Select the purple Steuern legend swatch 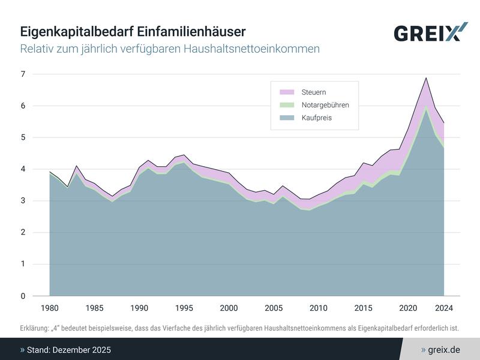(287, 92)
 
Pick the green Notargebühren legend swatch (287, 105)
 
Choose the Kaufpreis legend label (316, 118)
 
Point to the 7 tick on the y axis (23, 74)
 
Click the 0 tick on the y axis (23, 296)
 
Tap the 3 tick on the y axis (23, 201)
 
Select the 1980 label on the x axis (49, 308)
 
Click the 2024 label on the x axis (444, 308)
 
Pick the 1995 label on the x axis (184, 308)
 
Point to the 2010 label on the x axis (319, 308)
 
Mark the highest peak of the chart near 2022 (426, 78)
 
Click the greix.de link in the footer (444, 349)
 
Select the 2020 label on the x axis (408, 308)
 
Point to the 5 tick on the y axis (23, 137)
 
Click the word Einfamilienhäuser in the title (196, 31)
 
